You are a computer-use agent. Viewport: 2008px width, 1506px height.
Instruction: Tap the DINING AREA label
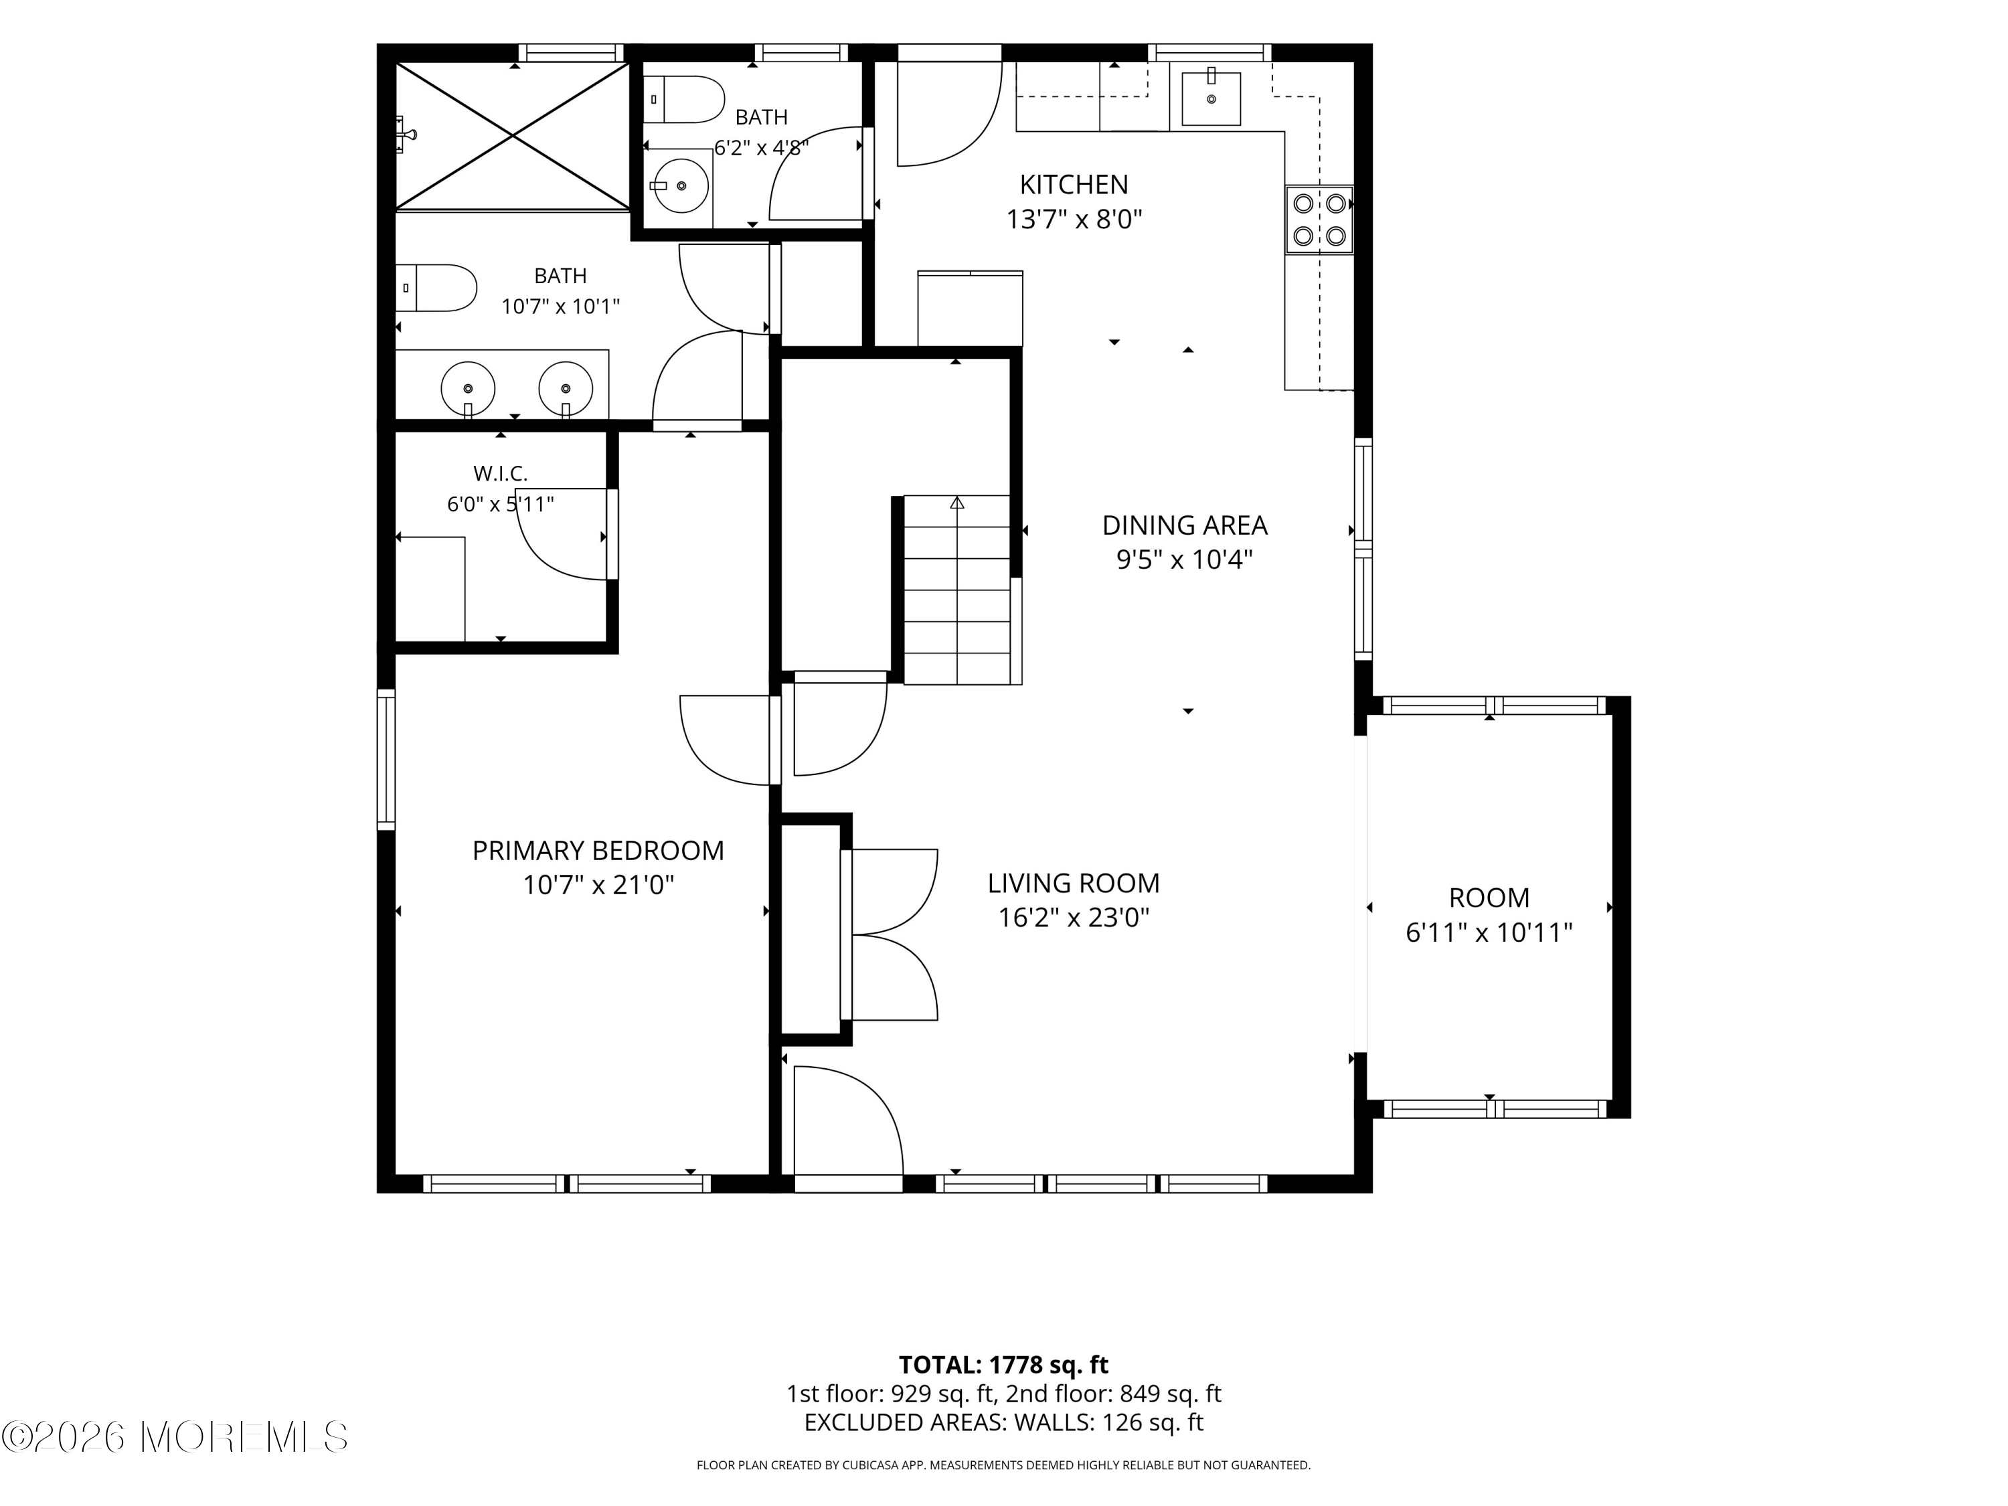tap(1185, 525)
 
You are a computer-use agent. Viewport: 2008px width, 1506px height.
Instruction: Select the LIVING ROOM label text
tap(1074, 884)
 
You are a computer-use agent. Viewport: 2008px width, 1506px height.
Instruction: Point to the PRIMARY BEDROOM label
tap(598, 851)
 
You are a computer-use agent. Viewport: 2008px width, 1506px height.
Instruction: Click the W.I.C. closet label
tap(500, 473)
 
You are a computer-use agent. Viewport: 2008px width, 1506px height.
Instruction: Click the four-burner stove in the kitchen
tap(1319, 220)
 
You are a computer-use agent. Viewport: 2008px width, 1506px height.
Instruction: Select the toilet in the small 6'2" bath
tap(683, 99)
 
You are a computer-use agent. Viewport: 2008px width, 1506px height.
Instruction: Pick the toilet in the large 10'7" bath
tap(436, 288)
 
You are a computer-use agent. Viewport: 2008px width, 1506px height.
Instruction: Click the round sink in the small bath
tap(681, 185)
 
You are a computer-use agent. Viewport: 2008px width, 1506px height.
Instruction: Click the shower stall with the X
tap(513, 136)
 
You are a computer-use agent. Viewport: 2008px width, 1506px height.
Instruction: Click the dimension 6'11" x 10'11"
tap(1489, 932)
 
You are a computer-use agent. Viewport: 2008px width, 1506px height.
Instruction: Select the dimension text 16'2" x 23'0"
tap(1074, 918)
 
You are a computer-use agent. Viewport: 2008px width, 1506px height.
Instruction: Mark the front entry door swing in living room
tap(849, 1120)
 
